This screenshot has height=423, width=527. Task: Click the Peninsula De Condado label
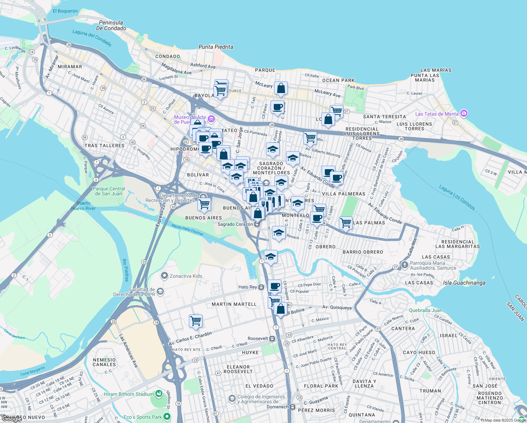point(111,25)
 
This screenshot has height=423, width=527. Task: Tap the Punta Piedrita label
point(216,47)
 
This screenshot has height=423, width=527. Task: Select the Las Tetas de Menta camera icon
point(464,114)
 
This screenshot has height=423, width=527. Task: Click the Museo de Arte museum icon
point(211,119)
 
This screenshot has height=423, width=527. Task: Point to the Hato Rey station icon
point(261,287)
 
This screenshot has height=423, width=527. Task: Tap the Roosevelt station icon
point(272,338)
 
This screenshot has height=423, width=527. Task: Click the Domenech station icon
point(292,407)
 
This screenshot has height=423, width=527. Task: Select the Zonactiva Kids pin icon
point(164,276)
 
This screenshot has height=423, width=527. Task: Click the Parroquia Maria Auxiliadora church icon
point(404,265)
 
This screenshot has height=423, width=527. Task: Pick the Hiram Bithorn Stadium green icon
point(159,393)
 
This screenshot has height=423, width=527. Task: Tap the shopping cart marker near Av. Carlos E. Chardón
point(196,321)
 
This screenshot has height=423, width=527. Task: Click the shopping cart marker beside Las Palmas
point(346,223)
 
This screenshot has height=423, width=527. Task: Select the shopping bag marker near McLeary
point(281,89)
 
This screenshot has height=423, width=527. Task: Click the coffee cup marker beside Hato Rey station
point(274,286)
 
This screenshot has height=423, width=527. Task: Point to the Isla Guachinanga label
point(464,283)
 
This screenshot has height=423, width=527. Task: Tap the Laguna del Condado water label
point(92,38)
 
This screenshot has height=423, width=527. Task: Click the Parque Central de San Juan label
point(108,191)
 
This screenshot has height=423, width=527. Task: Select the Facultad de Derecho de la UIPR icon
point(160,291)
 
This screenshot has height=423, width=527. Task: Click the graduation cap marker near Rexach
point(279,233)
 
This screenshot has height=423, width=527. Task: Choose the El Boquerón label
point(65,11)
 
